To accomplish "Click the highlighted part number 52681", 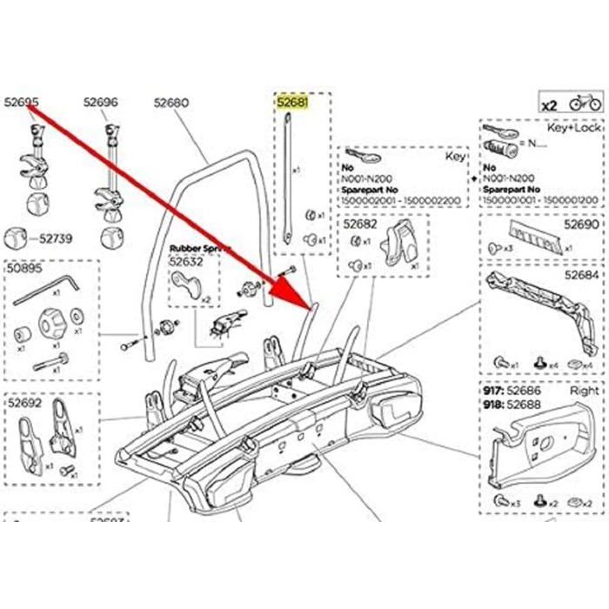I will [x=292, y=103].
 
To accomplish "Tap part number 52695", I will [x=22, y=103].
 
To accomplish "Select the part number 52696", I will [x=100, y=103].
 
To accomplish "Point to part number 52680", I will [x=171, y=103].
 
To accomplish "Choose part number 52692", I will [x=25, y=403].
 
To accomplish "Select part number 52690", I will [x=582, y=224].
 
